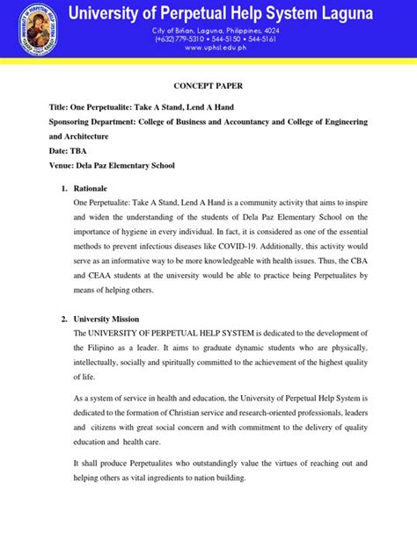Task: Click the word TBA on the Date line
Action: [x=78, y=150]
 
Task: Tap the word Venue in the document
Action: [x=62, y=164]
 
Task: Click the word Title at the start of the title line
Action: [x=60, y=107]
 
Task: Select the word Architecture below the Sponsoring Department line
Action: [x=84, y=136]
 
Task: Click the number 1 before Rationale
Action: [x=62, y=189]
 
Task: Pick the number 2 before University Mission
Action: [x=62, y=318]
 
